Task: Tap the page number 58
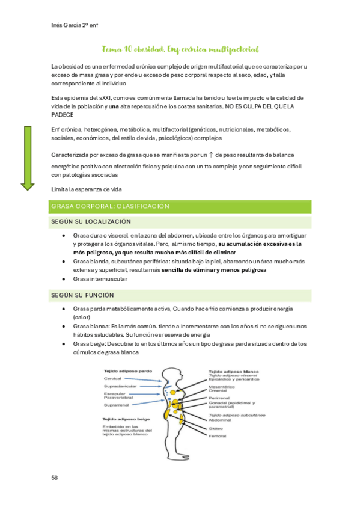click(55, 477)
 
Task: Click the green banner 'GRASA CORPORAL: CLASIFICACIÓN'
click(180, 206)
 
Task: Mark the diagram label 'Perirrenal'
click(220, 398)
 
